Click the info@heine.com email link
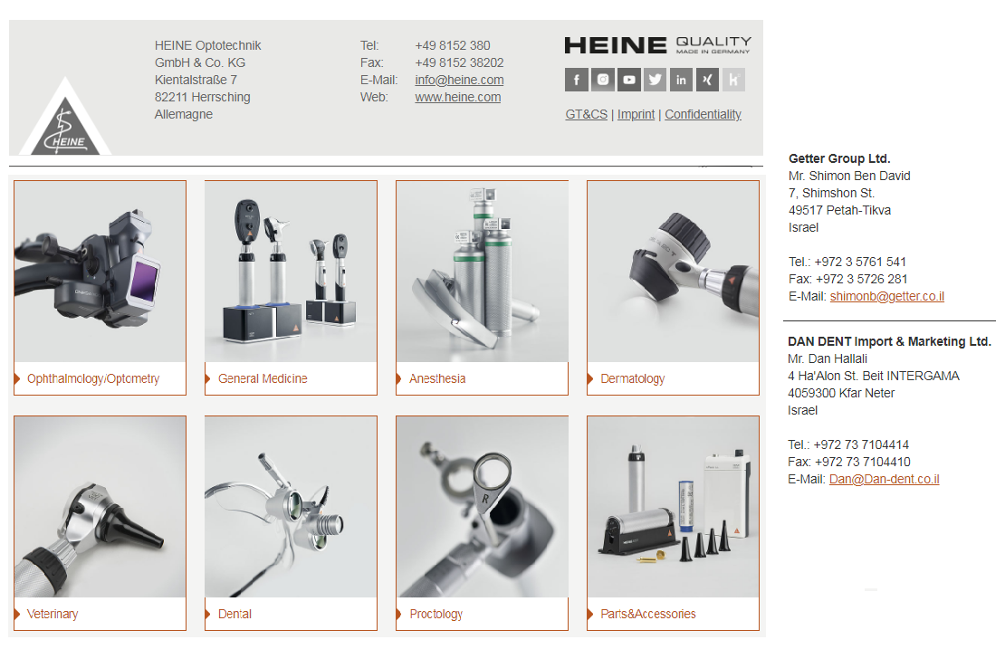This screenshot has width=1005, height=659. [x=459, y=81]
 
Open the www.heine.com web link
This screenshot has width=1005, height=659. [x=457, y=98]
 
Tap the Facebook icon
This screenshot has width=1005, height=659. [x=576, y=80]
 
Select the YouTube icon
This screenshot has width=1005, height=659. [x=628, y=80]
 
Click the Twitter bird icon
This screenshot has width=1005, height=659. [x=655, y=80]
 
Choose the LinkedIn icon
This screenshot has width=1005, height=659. [x=682, y=80]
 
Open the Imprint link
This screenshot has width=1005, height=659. [x=636, y=114]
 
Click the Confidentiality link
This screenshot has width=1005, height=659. [x=703, y=114]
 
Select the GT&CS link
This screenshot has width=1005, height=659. [x=587, y=114]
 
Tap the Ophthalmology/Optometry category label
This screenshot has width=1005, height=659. [x=93, y=379]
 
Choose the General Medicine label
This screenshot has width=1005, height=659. [x=263, y=379]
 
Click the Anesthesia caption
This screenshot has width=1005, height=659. [x=438, y=379]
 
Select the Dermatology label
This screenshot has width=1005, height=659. [x=633, y=379]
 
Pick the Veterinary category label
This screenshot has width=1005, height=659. [x=53, y=614]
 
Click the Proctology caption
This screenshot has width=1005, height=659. [x=435, y=614]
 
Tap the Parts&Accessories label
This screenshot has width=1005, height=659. [x=648, y=614]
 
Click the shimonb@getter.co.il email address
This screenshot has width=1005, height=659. [x=887, y=296]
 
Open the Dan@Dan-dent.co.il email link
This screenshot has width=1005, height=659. [x=885, y=479]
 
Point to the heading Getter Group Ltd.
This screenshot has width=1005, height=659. [x=839, y=158]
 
